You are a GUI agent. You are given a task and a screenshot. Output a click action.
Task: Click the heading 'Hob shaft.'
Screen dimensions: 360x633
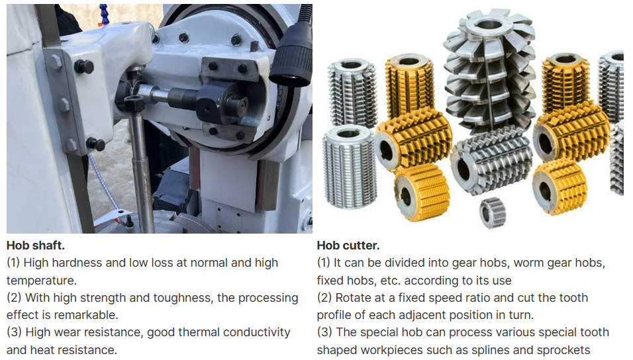tap(35, 246)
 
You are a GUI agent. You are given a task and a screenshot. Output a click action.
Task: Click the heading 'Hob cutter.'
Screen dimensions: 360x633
tap(348, 246)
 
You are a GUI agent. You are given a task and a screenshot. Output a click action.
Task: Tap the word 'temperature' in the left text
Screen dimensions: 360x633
tap(41, 280)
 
